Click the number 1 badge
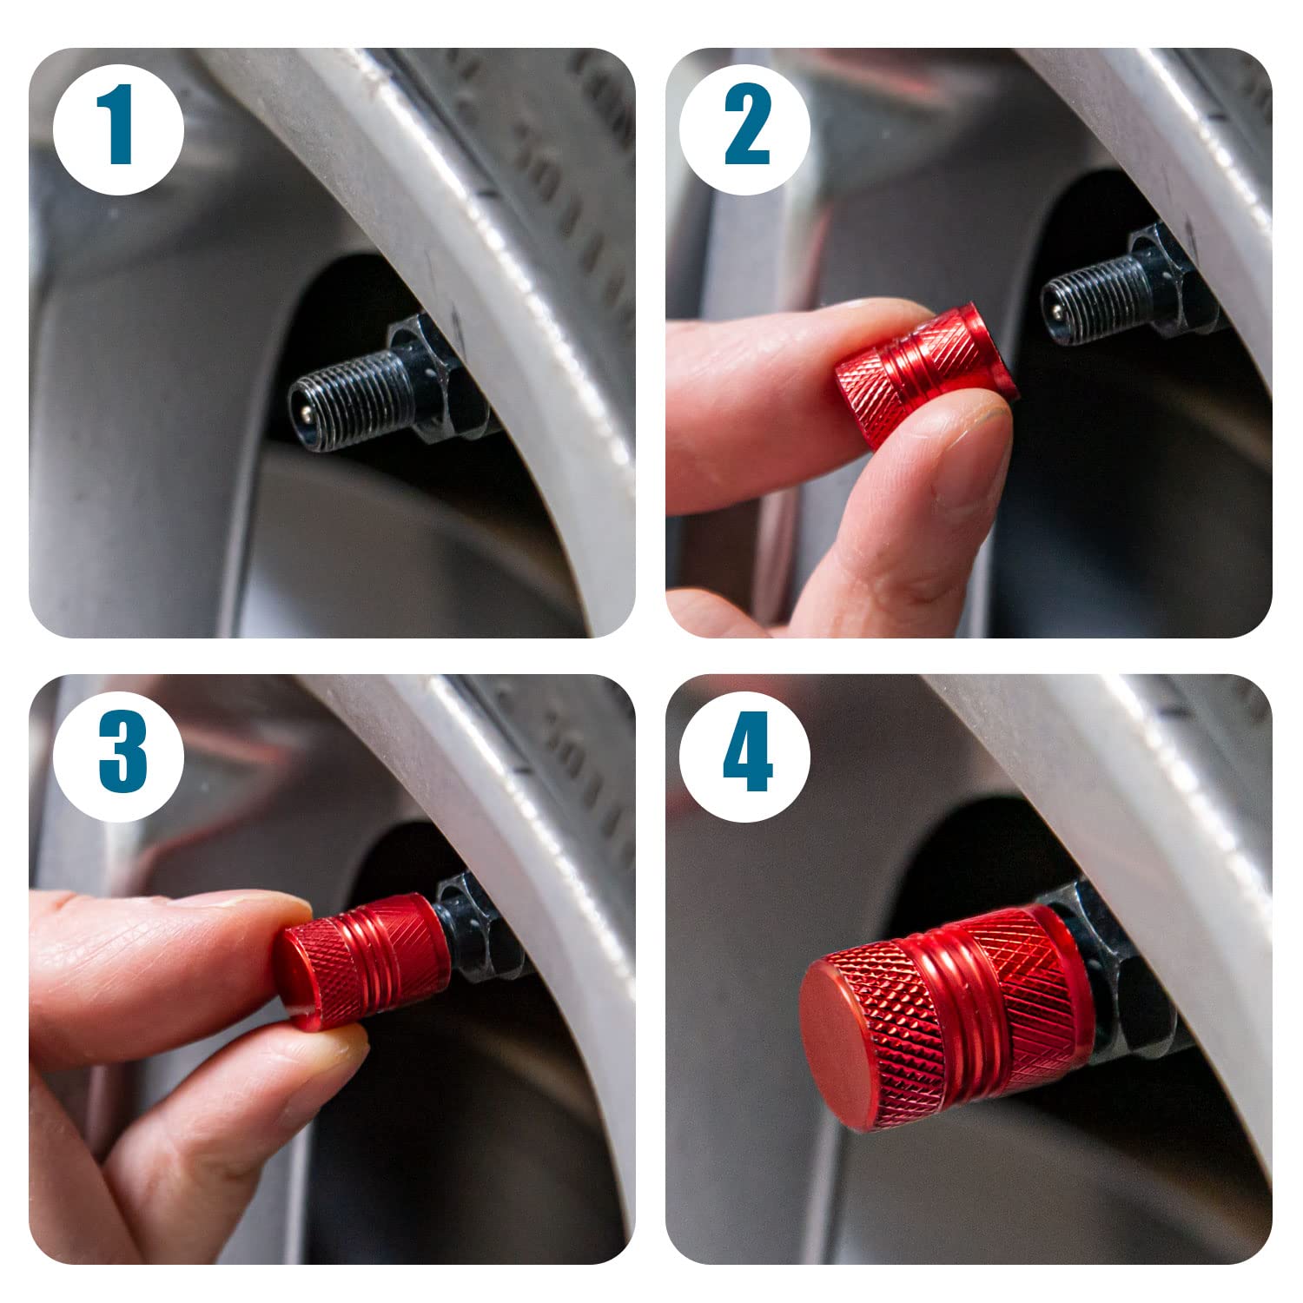click(119, 129)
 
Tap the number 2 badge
click(745, 129)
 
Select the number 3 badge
click(119, 755)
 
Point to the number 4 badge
click(745, 755)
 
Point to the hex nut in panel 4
click(1121, 973)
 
